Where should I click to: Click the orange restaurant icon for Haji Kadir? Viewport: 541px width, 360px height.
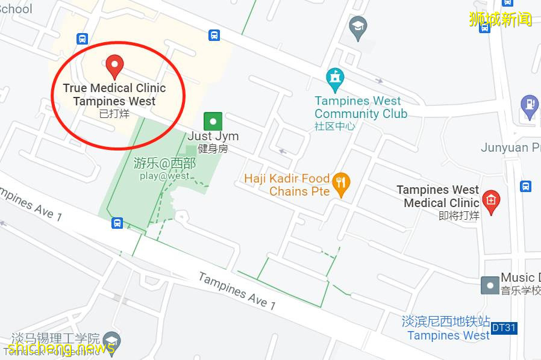click(x=342, y=184)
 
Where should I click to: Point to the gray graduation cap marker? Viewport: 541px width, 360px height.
click(x=358, y=28)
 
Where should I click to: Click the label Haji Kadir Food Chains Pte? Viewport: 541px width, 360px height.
click(x=287, y=185)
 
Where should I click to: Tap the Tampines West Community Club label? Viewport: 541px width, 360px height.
click(x=360, y=108)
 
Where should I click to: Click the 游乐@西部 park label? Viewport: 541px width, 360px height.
click(x=164, y=163)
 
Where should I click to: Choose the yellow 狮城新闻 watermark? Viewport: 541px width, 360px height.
click(x=500, y=19)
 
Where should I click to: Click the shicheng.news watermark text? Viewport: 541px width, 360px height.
click(x=61, y=347)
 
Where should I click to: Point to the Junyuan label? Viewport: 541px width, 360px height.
click(x=509, y=147)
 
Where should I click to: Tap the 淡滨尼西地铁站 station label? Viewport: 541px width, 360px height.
click(x=446, y=321)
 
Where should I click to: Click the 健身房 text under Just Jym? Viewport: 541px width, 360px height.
click(x=213, y=149)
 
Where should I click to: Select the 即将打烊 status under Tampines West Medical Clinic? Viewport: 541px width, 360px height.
click(x=459, y=216)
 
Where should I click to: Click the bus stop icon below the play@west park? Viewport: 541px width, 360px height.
click(x=117, y=223)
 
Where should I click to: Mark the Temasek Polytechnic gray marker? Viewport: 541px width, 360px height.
click(x=111, y=340)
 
